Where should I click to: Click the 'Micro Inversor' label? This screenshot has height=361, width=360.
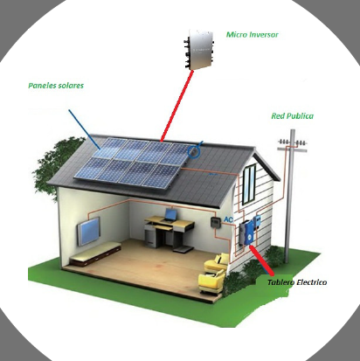point(253,35)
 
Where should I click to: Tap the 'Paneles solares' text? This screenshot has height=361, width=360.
point(56,86)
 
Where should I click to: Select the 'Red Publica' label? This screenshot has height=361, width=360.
point(293,116)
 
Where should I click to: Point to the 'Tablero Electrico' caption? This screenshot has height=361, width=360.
point(297,282)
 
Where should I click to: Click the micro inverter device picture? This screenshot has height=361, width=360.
point(199,49)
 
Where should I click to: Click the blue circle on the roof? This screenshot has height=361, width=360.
point(194,151)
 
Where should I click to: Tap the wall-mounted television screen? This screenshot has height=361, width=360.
point(89,231)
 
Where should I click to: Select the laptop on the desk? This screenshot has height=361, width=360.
point(170,216)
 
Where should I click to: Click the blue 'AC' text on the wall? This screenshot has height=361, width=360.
point(228,219)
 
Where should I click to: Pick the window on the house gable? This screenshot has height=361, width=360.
point(249,184)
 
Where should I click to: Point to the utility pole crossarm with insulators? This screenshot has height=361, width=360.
point(292,145)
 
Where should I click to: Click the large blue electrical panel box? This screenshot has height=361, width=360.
point(249,233)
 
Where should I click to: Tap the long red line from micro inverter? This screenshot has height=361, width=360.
point(177,106)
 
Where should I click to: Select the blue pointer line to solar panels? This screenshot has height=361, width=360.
point(85,129)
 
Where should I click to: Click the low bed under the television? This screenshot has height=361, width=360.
point(95,253)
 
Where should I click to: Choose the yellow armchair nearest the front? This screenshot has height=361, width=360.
point(211,281)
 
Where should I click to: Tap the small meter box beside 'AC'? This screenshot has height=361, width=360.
point(215,222)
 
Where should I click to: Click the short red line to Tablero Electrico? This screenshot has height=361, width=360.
point(262,261)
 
